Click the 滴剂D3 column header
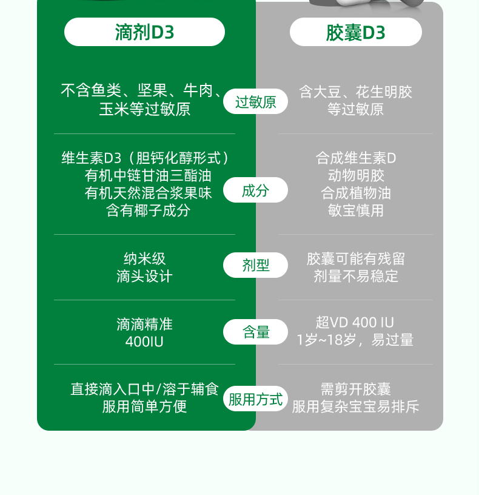coord(144,32)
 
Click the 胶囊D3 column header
coord(355,32)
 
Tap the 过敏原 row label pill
coord(255,101)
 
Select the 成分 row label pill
coord(255,190)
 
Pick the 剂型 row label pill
coord(255,265)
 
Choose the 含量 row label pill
coord(255,332)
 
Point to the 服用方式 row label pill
coord(255,399)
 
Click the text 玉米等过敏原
coord(144,109)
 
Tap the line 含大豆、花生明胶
coord(355,92)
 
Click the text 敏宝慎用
coord(355,210)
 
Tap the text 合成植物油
coord(355,193)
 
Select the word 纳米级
coord(144,259)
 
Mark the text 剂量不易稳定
coord(355,277)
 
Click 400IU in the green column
coord(144,342)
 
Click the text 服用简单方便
coord(144,406)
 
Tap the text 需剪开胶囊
coord(355,389)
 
